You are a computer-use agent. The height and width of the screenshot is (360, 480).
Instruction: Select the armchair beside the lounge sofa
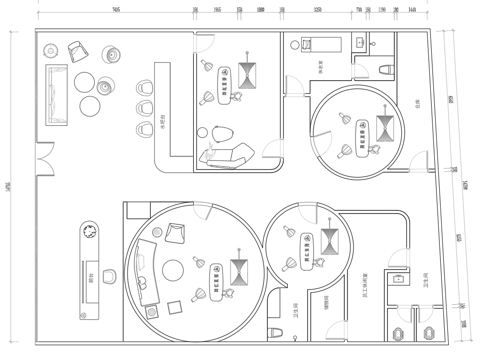pos(76,50)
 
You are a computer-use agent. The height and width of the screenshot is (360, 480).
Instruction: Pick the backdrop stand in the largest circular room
pos(240,270)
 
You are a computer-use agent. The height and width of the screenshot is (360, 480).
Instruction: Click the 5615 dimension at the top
pos(117,7)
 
